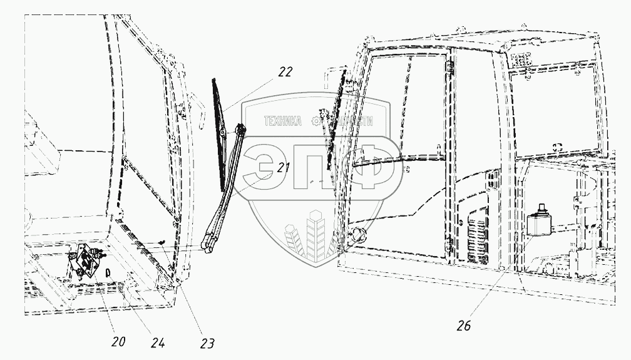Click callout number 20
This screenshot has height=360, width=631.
[x=118, y=342]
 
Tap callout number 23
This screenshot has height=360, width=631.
[x=207, y=343]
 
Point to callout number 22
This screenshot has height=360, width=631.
[x=285, y=72]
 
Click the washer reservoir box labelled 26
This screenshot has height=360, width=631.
[x=538, y=225]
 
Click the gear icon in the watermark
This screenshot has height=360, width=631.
[x=323, y=122]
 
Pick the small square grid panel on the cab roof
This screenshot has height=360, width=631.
[x=521, y=60]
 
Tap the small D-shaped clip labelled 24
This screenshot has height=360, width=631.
[x=108, y=272]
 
